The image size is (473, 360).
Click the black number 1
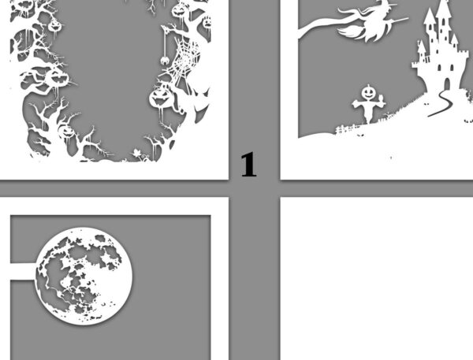tap(248, 165)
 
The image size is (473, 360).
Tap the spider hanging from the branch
tap(165, 61)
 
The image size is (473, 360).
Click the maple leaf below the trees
tap(137, 154)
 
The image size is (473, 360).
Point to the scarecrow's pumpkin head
tap(368, 92)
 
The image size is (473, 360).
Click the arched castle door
tap(447, 84)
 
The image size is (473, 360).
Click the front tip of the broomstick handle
tap(408, 18)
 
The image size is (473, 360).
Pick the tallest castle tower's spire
tap(443, 9)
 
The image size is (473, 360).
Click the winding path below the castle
tap(441, 103)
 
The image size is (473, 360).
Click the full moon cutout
tap(84, 276)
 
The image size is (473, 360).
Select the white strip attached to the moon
tap(23, 271)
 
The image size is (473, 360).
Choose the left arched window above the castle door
tap(440, 67)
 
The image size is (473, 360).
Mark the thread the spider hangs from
tap(166, 43)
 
